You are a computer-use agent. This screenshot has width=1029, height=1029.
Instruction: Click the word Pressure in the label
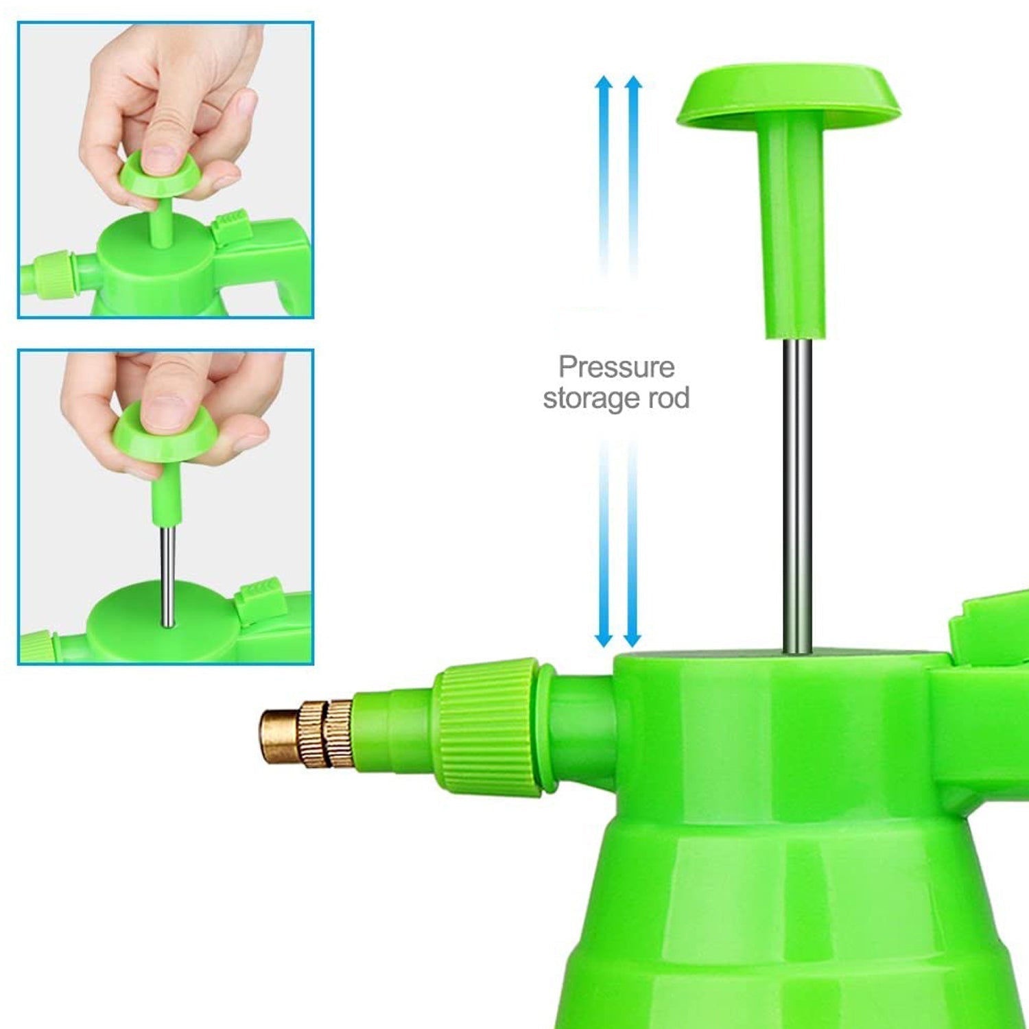pos(616,367)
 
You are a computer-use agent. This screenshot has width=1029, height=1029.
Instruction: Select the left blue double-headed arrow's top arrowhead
pos(604,86)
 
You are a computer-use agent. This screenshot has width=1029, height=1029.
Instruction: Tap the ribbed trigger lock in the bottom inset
pos(261,598)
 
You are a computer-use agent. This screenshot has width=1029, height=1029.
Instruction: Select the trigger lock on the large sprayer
pos(988,628)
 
